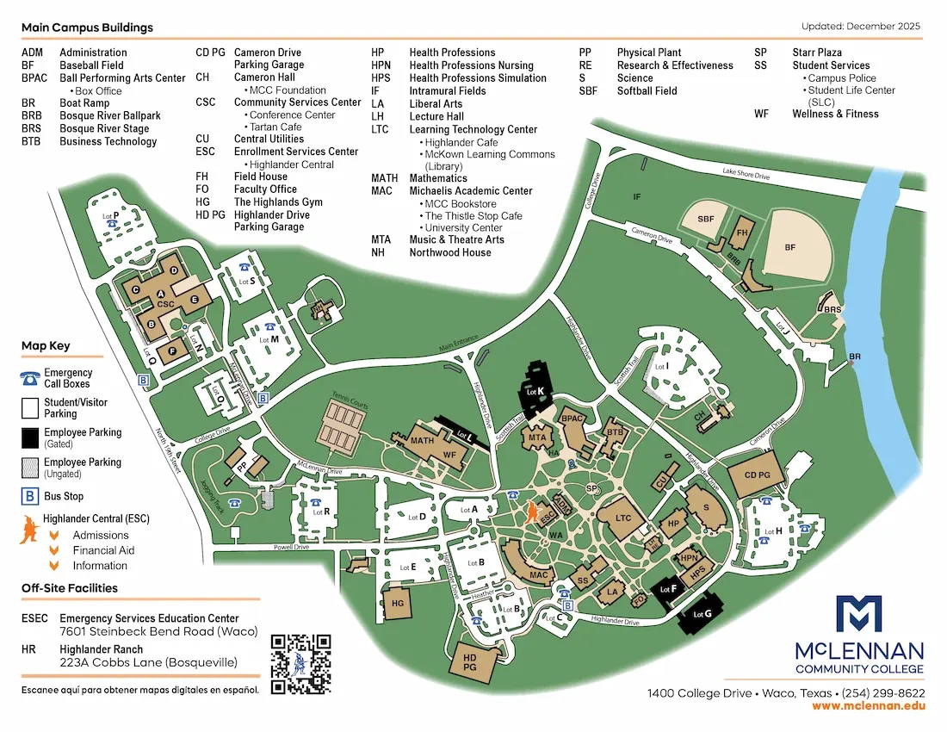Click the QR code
tap(300, 664)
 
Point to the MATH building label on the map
tap(422, 441)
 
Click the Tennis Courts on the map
tap(346, 421)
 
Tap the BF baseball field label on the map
tap(790, 247)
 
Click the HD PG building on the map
tap(470, 661)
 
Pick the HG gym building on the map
tap(397, 604)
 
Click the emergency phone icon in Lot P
tap(111, 222)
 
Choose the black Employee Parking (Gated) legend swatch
tap(30, 436)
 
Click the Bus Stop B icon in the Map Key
tap(30, 496)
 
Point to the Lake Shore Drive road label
tap(746, 175)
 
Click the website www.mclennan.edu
tap(868, 705)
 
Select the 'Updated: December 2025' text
tap(860, 27)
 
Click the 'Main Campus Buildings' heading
tap(87, 28)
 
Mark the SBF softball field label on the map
tap(706, 219)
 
